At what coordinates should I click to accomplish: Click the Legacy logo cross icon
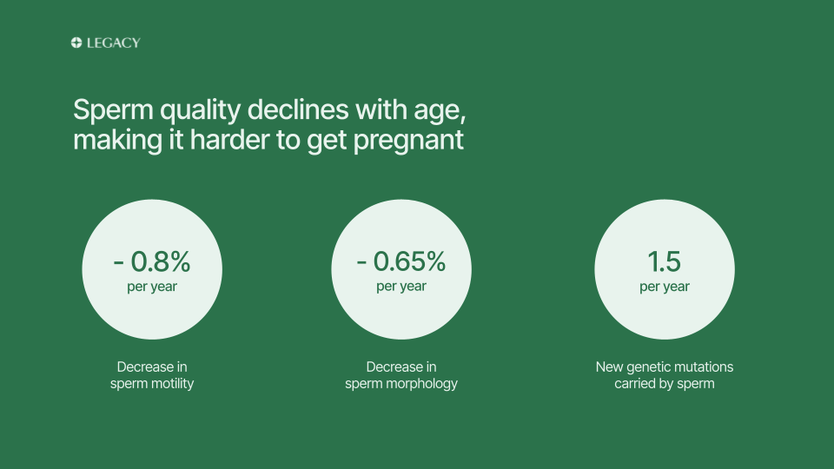click(76, 43)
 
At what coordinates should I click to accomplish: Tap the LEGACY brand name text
click(113, 43)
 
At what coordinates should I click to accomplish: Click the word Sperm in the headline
click(113, 110)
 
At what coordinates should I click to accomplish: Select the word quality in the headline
click(201, 110)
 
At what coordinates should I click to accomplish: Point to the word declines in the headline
click(298, 109)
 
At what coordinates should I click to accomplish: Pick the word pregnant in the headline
click(408, 142)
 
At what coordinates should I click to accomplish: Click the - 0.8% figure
click(152, 261)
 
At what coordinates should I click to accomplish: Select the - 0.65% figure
click(401, 261)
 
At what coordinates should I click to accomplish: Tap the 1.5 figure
click(665, 261)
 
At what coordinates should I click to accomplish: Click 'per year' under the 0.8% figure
click(152, 287)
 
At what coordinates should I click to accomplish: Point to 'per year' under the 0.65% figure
click(401, 287)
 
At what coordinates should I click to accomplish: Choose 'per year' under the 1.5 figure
click(665, 287)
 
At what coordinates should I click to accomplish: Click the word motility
click(172, 384)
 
